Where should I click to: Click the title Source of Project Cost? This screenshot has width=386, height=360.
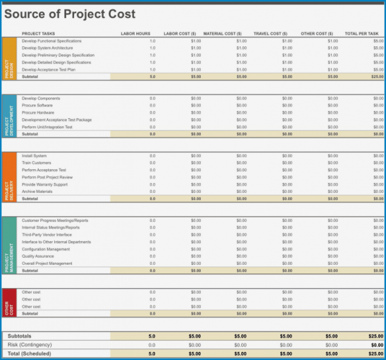(x=70, y=14)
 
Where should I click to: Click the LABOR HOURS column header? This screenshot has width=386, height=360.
(x=135, y=34)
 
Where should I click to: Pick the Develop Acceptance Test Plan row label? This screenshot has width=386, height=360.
(x=50, y=69)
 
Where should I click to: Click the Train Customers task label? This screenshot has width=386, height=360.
(x=36, y=163)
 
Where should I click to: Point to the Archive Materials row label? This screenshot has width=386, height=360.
(x=37, y=192)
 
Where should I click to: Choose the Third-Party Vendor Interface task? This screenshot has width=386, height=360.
(x=47, y=235)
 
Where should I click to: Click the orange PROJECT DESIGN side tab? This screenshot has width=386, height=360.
(x=9, y=58)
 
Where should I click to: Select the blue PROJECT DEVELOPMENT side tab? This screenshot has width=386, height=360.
(x=9, y=116)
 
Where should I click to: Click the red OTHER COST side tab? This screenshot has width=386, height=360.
(x=9, y=303)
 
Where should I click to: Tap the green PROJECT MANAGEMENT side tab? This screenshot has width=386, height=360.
(x=9, y=246)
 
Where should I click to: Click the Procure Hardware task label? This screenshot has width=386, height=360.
(x=37, y=112)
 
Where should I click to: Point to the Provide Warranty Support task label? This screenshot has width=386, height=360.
(x=45, y=184)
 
